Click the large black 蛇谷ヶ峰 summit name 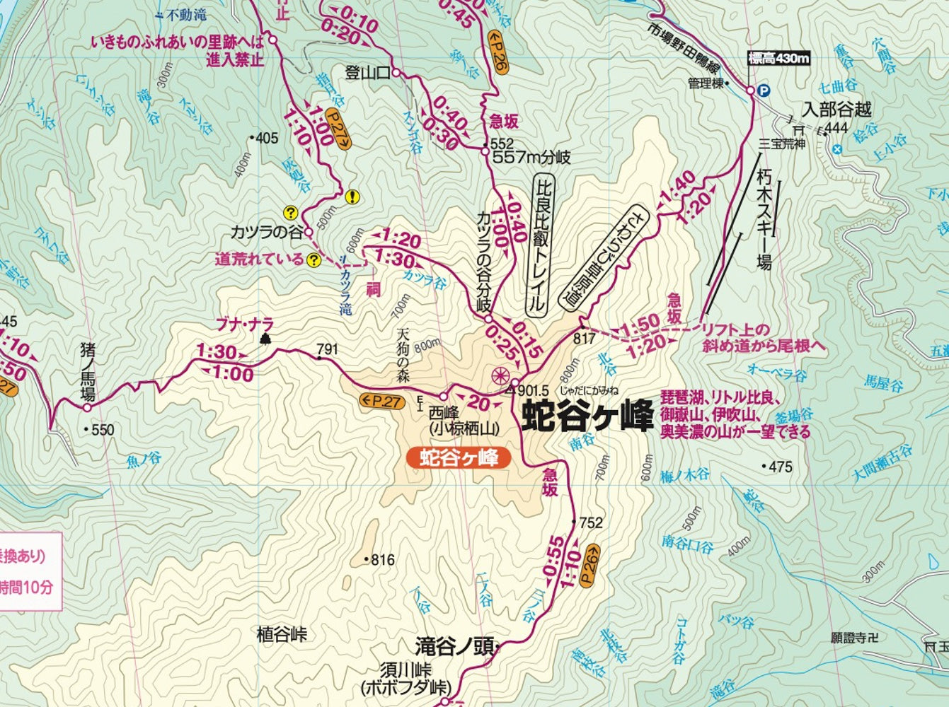pyautogui.click(x=586, y=416)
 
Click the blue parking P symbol pyautogui.click(x=764, y=90)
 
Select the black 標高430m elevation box pyautogui.click(x=778, y=59)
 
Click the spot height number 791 pyautogui.click(x=328, y=349)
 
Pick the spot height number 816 pyautogui.click(x=382, y=560)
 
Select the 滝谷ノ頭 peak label pyautogui.click(x=453, y=647)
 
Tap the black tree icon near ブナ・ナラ pyautogui.click(x=266, y=339)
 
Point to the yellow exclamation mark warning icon pyautogui.click(x=352, y=197)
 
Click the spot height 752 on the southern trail pyautogui.click(x=591, y=522)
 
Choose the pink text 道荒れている pyautogui.click(x=259, y=259)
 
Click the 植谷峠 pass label pyautogui.click(x=282, y=634)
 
